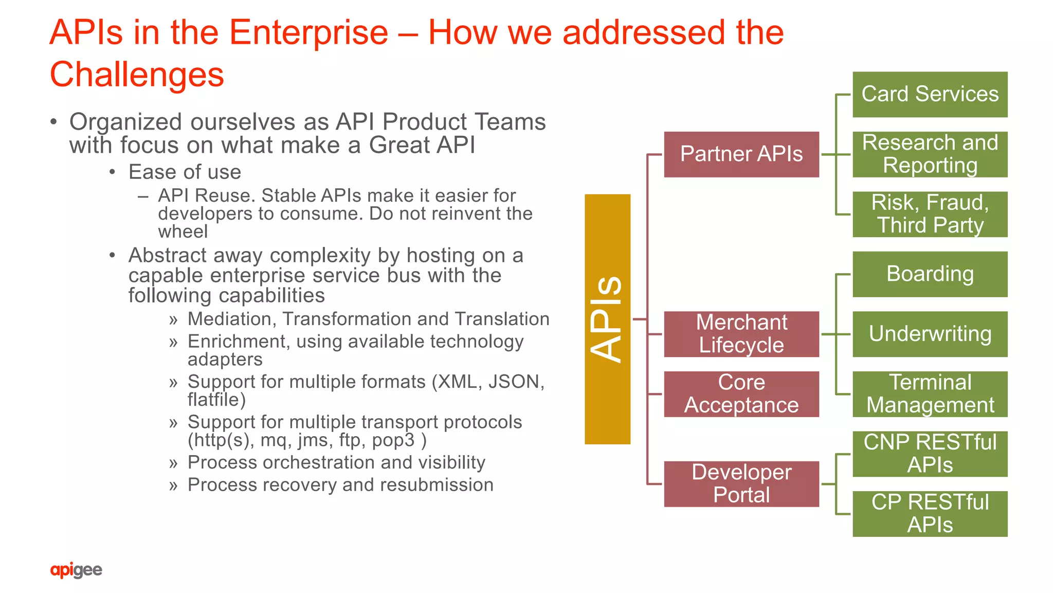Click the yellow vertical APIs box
607,319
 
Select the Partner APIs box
741,154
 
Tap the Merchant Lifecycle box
741,334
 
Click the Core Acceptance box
741,394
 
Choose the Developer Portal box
741,483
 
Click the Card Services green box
930,94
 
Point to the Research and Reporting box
930,154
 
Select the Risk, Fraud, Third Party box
930,214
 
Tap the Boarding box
930,274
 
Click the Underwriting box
930,334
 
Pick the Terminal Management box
930,394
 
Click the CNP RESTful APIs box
930,454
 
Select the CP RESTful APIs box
930,514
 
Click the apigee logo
76,570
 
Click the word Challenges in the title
137,75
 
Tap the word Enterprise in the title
308,32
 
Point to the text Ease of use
185,172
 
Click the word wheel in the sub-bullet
183,232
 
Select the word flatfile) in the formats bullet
216,400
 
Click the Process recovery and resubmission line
340,485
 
